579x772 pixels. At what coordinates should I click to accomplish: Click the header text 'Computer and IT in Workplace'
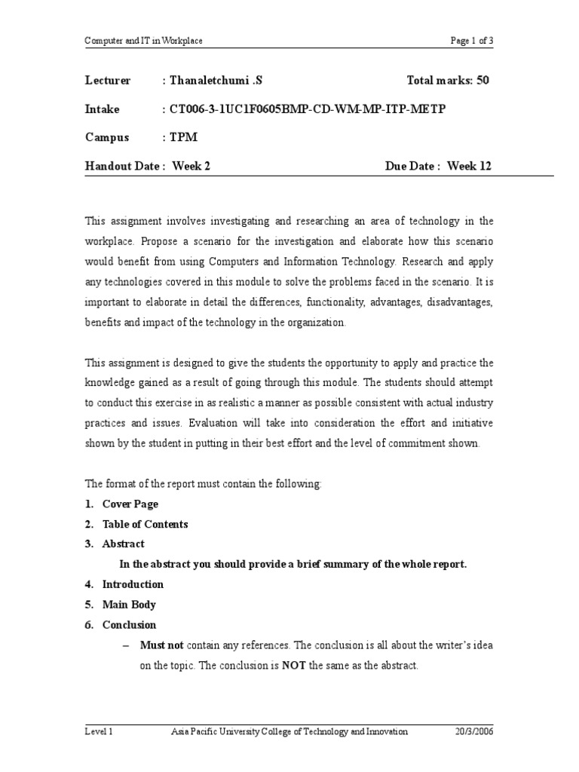pos(143,41)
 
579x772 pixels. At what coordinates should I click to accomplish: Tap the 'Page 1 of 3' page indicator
pos(471,41)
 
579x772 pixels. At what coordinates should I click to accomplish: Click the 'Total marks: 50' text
pos(448,81)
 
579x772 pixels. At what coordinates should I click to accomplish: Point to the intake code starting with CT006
pos(307,109)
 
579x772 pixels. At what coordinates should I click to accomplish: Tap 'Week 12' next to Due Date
pos(469,166)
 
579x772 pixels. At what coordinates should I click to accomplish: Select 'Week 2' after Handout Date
pos(191,166)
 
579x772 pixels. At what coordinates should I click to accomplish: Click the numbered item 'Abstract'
pos(123,544)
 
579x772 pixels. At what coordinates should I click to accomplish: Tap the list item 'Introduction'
pos(133,584)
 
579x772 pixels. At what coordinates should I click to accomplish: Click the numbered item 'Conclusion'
pos(129,625)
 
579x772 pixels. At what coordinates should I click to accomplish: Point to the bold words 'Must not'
pos(161,645)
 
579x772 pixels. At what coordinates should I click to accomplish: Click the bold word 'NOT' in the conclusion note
pos(294,666)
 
